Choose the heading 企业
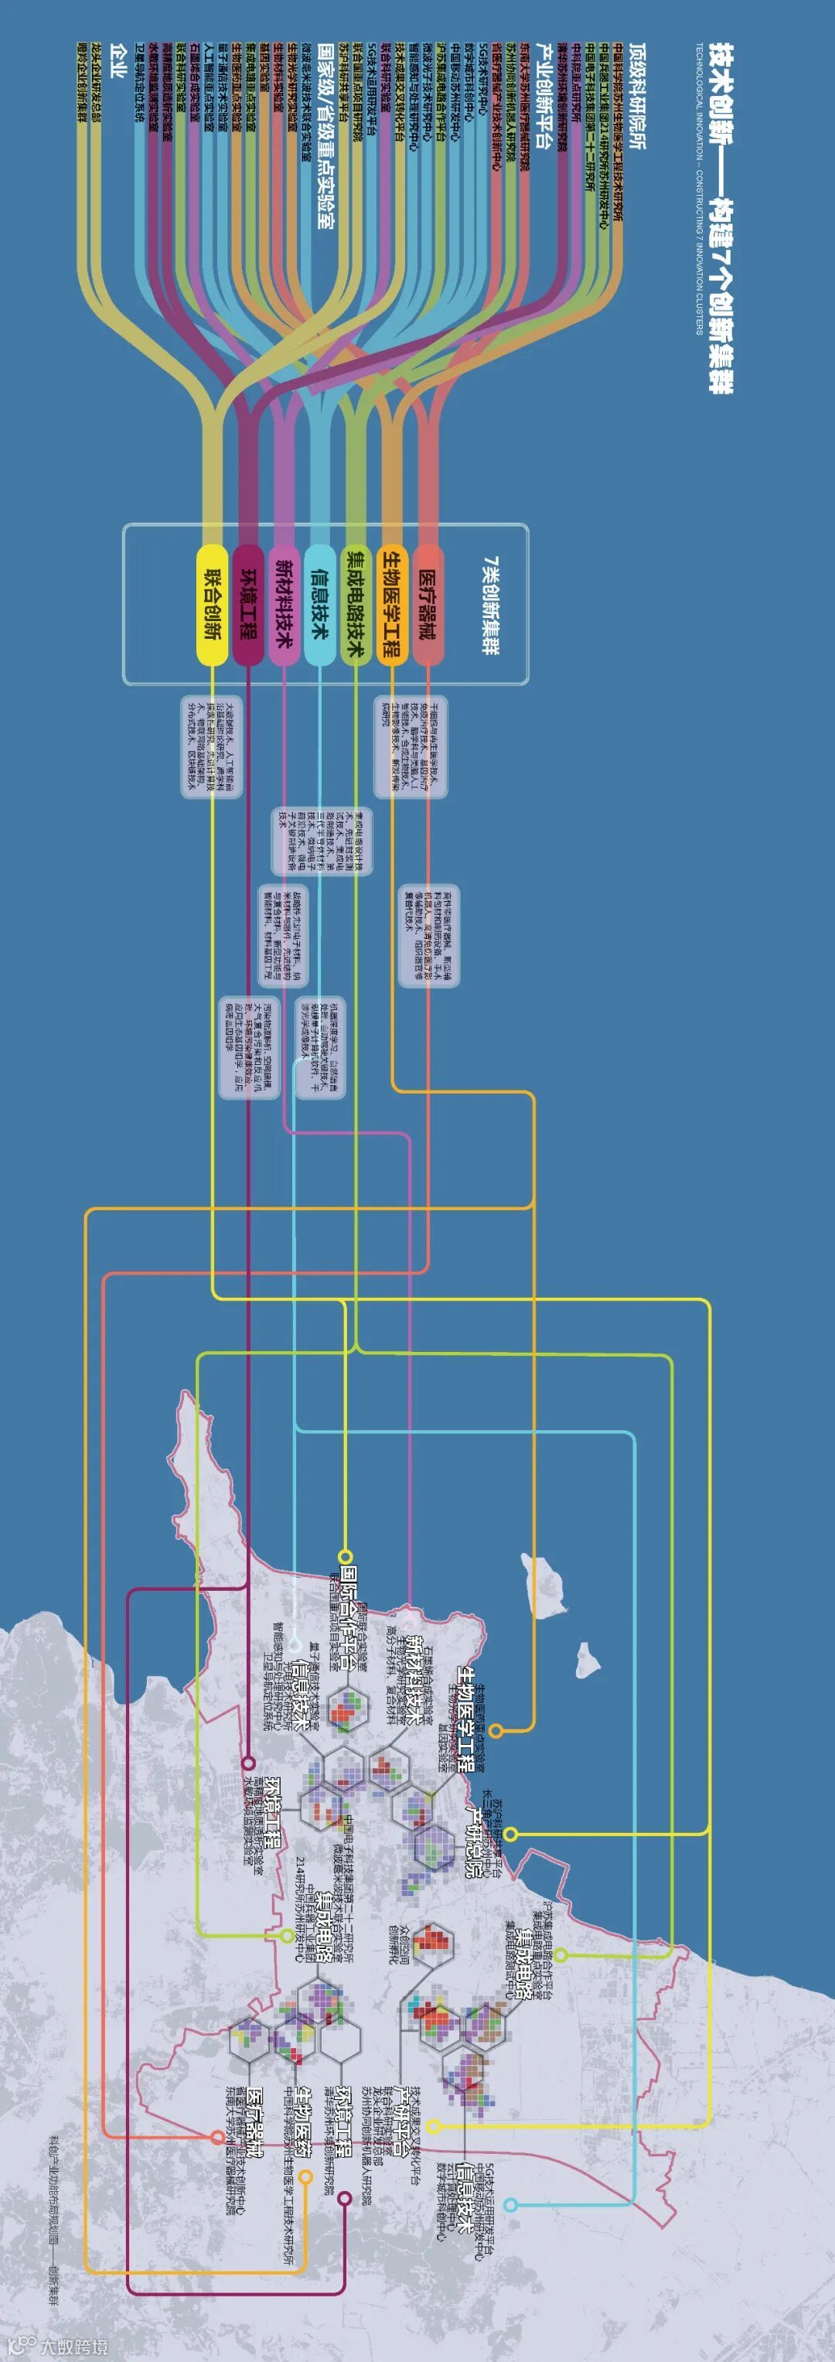pyautogui.click(x=118, y=60)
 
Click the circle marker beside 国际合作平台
pyautogui.click(x=346, y=1556)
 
